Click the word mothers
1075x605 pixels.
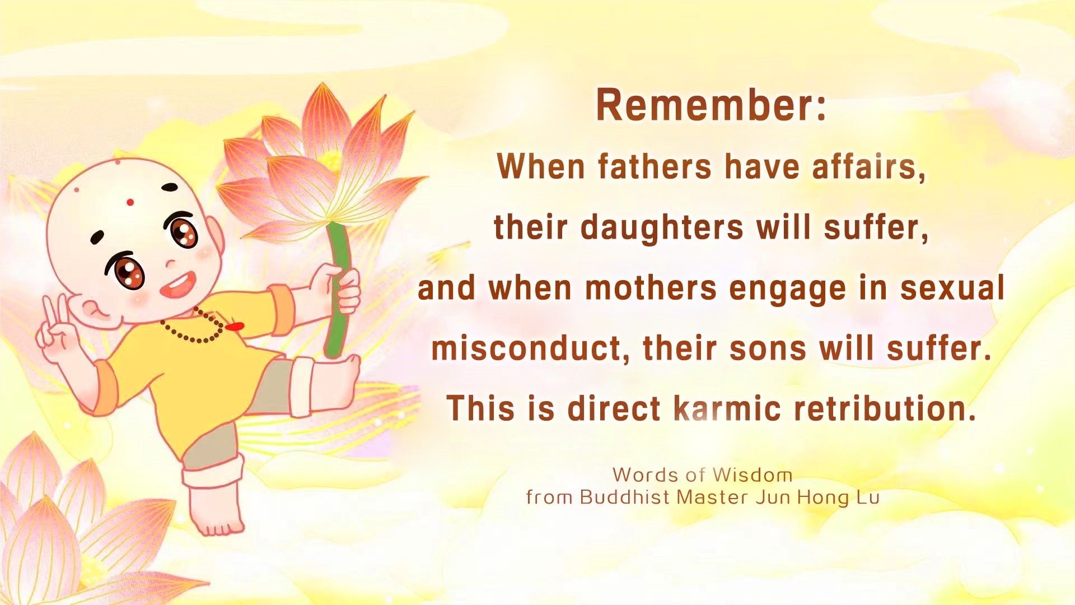click(651, 288)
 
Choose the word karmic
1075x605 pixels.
click(727, 408)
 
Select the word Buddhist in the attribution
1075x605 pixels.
click(625, 497)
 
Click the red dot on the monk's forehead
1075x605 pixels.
click(130, 202)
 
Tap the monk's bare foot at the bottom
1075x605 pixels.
click(216, 513)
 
